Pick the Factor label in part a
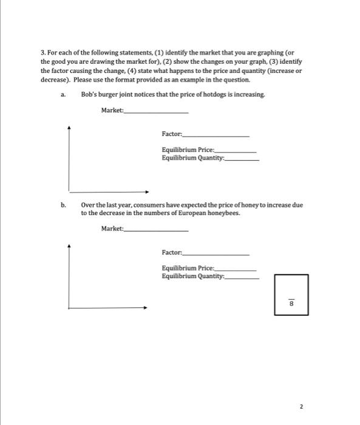coord(172,134)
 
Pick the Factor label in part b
coord(172,252)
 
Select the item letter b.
coord(63,205)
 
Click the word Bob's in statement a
coord(89,95)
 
